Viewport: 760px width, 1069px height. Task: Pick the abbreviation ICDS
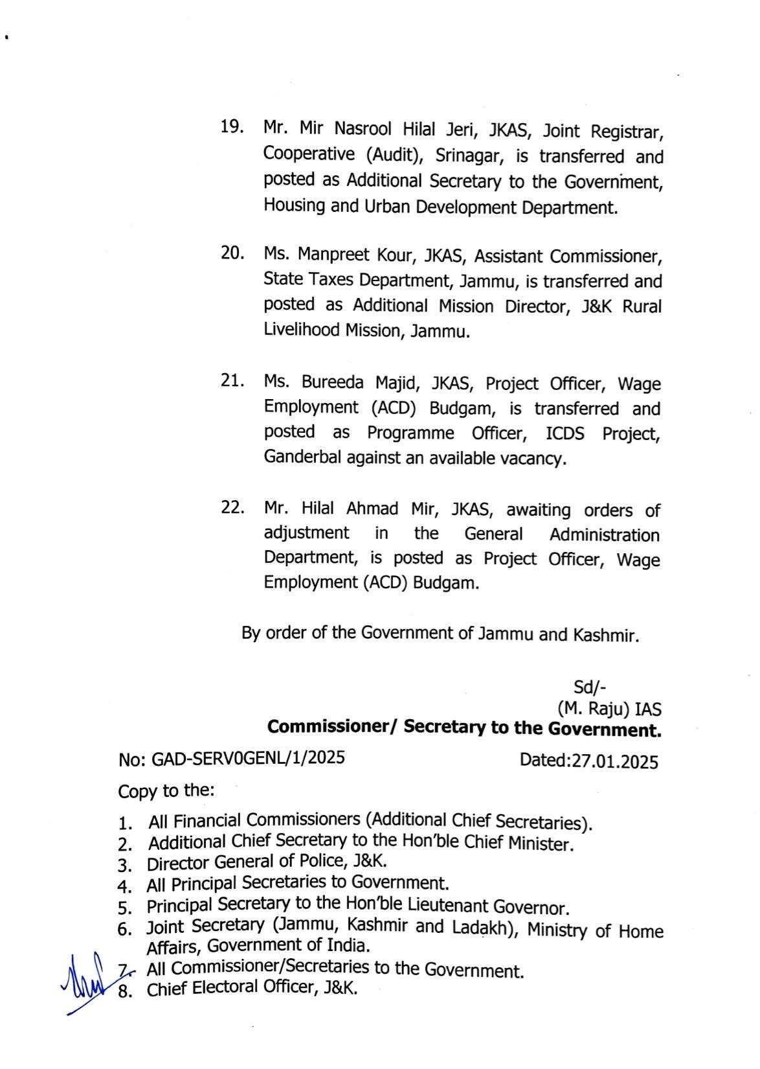tap(564, 433)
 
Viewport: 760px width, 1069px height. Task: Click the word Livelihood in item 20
tap(302, 330)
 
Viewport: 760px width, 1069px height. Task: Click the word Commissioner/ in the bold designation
tap(332, 727)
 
